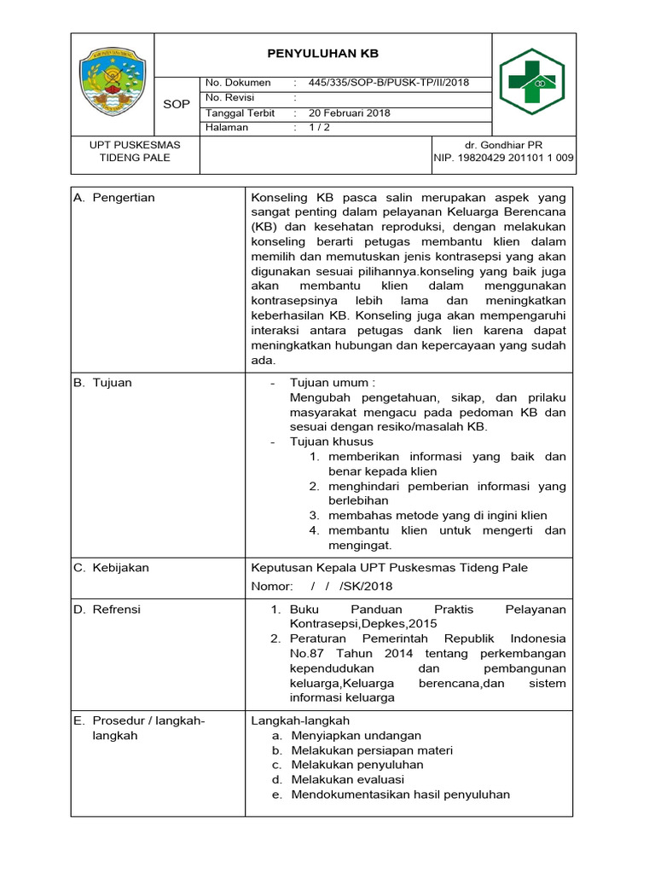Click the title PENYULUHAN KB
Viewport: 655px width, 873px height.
coord(322,53)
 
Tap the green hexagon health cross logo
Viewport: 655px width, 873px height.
coord(538,82)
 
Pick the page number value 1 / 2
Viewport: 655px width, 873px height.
coord(320,128)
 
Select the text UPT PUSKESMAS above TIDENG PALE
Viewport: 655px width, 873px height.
coord(136,145)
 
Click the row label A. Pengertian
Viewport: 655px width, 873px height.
coord(114,198)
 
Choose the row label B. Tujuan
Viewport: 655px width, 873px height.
coord(102,383)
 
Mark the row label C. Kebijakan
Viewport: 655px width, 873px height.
coord(111,567)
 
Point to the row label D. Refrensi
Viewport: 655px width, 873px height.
coord(107,610)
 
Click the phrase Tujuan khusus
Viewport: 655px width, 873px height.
coord(332,442)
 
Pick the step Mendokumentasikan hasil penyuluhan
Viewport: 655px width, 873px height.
coord(400,795)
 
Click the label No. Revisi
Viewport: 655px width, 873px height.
coord(230,98)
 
